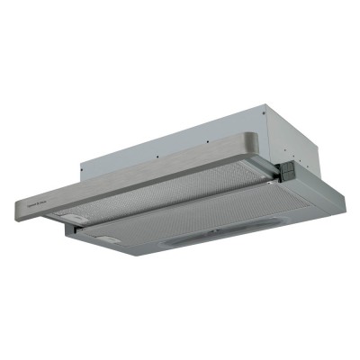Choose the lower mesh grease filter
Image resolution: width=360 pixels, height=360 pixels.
click(x=198, y=229)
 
